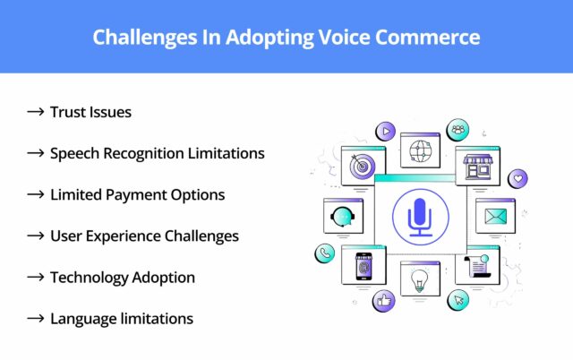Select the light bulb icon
(x=418, y=281)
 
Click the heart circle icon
(x=517, y=179)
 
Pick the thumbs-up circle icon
(x=385, y=301)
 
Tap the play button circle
(x=385, y=131)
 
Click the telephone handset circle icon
(x=323, y=253)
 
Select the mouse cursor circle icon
(x=458, y=300)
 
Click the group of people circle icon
(x=458, y=130)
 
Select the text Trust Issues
(x=90, y=112)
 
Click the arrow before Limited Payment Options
(x=36, y=194)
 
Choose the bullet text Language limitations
(x=122, y=318)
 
